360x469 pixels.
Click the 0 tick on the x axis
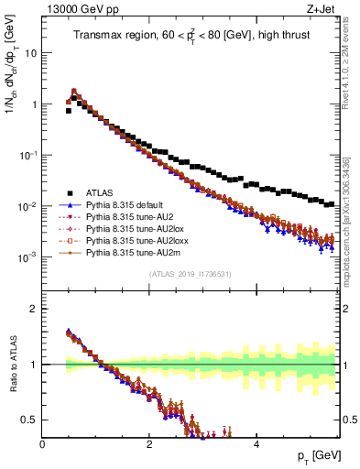(x=43, y=443)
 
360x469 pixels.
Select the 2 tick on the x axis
(x=149, y=443)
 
